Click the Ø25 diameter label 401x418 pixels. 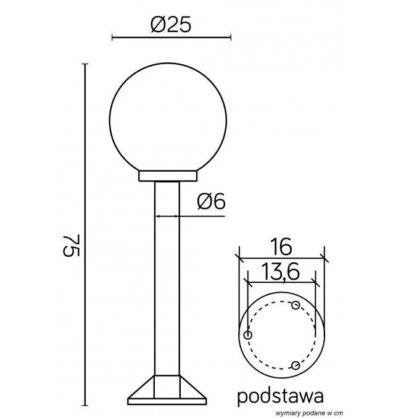171,24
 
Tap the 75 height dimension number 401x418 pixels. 71,246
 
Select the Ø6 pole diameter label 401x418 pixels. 211,201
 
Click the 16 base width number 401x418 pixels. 282,246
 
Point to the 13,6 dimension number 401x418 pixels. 280,272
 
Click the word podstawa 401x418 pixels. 281,396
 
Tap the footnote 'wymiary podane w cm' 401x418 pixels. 309,413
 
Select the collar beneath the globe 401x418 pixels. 168,176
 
